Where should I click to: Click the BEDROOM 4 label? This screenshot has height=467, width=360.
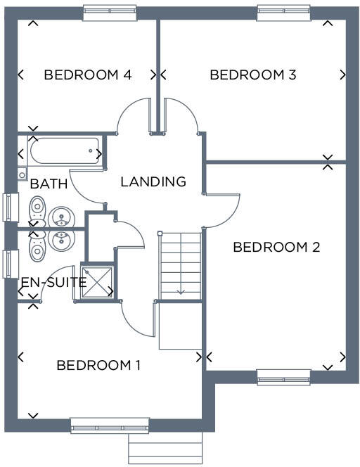(88, 75)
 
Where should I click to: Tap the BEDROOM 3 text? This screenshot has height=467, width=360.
(252, 75)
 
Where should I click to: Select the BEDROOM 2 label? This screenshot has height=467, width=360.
(276, 247)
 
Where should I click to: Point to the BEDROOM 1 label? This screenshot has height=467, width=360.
(98, 365)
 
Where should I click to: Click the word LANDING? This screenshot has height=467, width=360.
(153, 181)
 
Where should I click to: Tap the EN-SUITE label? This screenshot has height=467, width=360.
(53, 283)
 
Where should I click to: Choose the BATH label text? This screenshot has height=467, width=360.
(49, 184)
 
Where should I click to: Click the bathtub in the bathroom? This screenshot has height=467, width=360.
(64, 150)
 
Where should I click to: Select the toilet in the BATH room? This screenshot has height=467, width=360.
(37, 207)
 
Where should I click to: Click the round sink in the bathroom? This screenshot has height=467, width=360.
(63, 217)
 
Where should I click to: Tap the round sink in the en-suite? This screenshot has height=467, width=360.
(63, 240)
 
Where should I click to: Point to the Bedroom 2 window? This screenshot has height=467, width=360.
(283, 378)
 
